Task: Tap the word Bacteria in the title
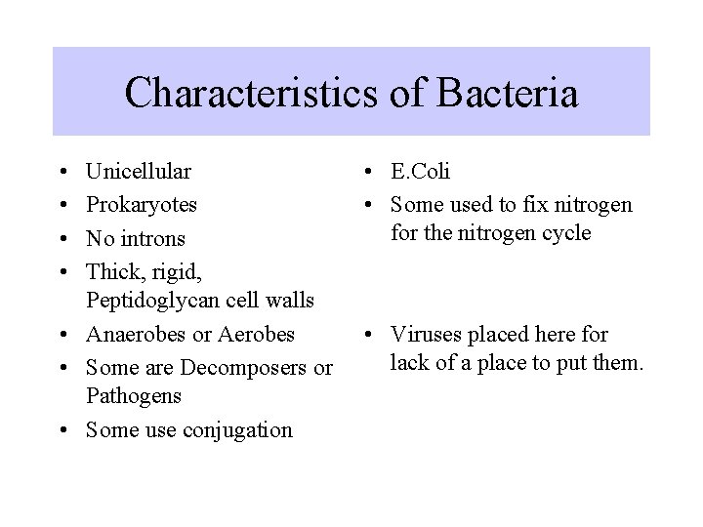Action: click(x=515, y=95)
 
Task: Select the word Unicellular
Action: click(x=139, y=173)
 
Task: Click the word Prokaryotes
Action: click(x=142, y=205)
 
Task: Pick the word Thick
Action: click(x=113, y=269)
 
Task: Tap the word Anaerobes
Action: click(x=136, y=334)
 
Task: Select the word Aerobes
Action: click(x=255, y=334)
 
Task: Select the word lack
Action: click(x=410, y=364)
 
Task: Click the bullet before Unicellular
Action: click(x=63, y=174)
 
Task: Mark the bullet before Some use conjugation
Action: click(x=63, y=430)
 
